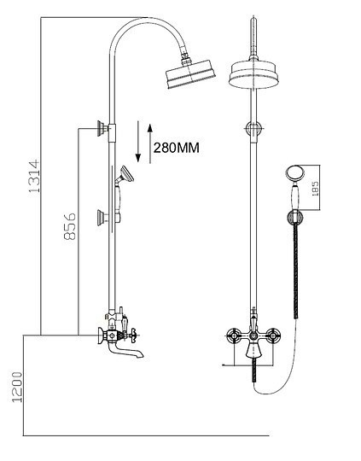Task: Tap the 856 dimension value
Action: tap(73, 229)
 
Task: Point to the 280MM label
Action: tap(176, 147)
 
